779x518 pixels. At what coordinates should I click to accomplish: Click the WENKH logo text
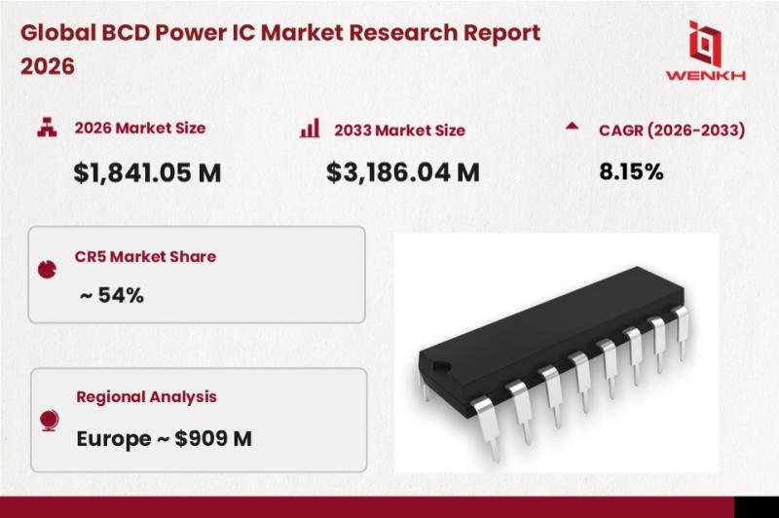pos(705,76)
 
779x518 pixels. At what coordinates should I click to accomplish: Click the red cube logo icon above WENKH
pos(705,44)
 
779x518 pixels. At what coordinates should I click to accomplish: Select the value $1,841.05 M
pos(147,173)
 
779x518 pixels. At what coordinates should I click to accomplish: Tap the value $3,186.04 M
pos(403,173)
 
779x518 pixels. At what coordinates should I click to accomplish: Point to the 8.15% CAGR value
pos(631,171)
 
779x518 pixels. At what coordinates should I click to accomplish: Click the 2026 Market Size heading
pos(140,129)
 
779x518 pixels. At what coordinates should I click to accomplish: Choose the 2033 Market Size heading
pos(399,130)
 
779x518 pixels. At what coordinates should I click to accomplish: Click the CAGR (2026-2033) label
pos(672,130)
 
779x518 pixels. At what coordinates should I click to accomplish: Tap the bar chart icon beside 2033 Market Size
pos(310,128)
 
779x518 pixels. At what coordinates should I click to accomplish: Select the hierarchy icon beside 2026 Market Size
pos(47,128)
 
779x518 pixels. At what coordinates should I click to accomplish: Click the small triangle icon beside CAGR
pos(572,126)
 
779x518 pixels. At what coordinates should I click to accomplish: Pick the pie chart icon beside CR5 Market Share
pos(47,269)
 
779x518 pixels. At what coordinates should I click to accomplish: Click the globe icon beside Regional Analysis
pos(50,421)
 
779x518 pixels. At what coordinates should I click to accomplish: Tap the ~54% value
pos(112,295)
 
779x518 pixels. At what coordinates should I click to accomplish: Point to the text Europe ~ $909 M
pos(164,438)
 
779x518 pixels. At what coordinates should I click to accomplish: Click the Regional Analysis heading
pos(147,397)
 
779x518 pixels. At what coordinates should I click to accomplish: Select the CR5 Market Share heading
pos(145,256)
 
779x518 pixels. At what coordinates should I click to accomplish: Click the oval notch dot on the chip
pos(442,366)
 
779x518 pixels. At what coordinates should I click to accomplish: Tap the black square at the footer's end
pos(757,507)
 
